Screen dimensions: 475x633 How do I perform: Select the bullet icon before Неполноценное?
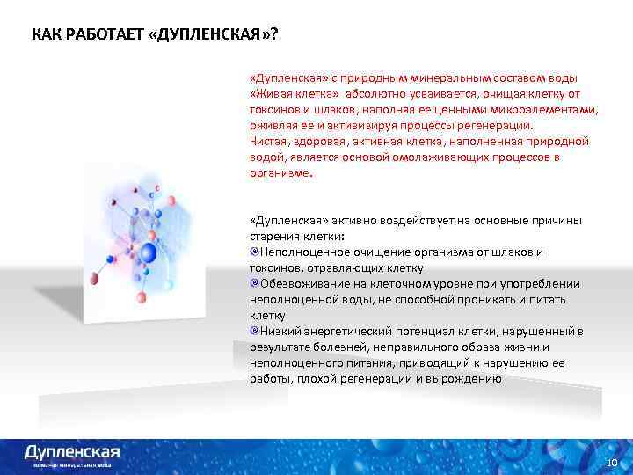(254, 252)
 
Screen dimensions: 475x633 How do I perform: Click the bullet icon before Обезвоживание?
(254, 283)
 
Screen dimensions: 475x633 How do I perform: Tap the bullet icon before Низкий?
(254, 331)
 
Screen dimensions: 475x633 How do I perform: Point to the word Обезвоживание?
(302, 283)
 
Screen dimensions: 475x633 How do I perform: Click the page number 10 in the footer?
(612, 463)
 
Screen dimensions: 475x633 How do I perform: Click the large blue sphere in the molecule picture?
(149, 253)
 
